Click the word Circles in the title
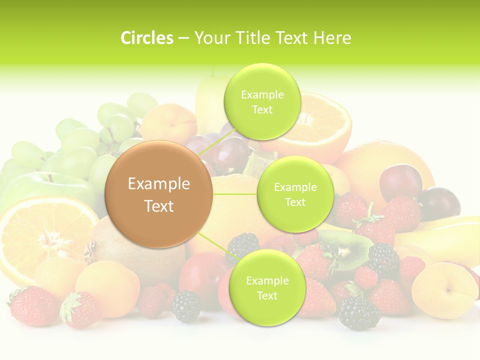146,38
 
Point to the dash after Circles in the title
183,38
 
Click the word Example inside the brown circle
159,184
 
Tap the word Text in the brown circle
159,206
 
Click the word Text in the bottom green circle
267,295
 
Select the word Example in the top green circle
262,95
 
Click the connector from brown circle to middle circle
235,193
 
